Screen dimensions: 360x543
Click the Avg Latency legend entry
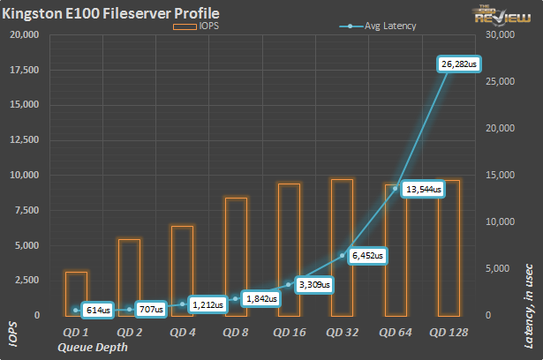(x=378, y=26)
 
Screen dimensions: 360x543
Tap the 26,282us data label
(x=459, y=64)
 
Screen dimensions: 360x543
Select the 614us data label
(x=97, y=310)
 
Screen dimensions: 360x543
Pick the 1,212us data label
(x=207, y=304)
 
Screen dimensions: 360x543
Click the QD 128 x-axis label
(x=449, y=333)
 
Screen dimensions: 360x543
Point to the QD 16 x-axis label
(x=289, y=333)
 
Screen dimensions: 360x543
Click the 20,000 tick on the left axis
(x=26, y=35)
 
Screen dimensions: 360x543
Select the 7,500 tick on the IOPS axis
(x=28, y=210)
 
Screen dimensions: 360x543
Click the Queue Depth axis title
(x=92, y=347)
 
